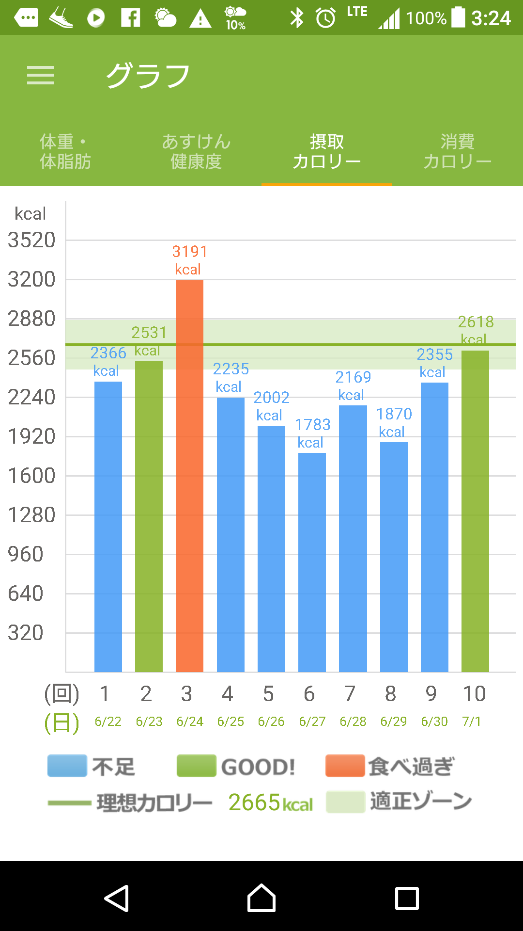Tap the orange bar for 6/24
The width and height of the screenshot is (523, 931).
coord(189,475)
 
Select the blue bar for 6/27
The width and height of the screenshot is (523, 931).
coord(312,562)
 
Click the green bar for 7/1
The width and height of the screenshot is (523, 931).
coord(475,509)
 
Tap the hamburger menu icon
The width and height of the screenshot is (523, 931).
coord(41,75)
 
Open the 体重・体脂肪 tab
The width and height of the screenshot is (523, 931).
coord(65,151)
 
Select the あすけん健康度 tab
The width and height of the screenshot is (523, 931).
coord(196,151)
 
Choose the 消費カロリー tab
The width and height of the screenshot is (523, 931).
coord(457,151)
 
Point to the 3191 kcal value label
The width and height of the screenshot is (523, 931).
coord(189,260)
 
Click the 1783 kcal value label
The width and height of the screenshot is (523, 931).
coord(312,433)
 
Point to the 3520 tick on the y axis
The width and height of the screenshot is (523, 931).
coord(32,240)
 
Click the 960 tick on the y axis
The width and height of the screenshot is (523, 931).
coord(26,554)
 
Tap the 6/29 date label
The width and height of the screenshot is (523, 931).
coord(393,722)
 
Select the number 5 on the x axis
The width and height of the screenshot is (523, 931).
coord(268,694)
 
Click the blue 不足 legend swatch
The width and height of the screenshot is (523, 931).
coord(67,766)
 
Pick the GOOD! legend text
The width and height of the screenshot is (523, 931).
coord(258,767)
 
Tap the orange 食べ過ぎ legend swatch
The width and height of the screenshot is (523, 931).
coord(345,766)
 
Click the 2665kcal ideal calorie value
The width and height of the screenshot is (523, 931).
coord(270,803)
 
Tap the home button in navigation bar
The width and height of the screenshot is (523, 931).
coord(261,898)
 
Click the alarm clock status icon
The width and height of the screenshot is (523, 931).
coord(325,18)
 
